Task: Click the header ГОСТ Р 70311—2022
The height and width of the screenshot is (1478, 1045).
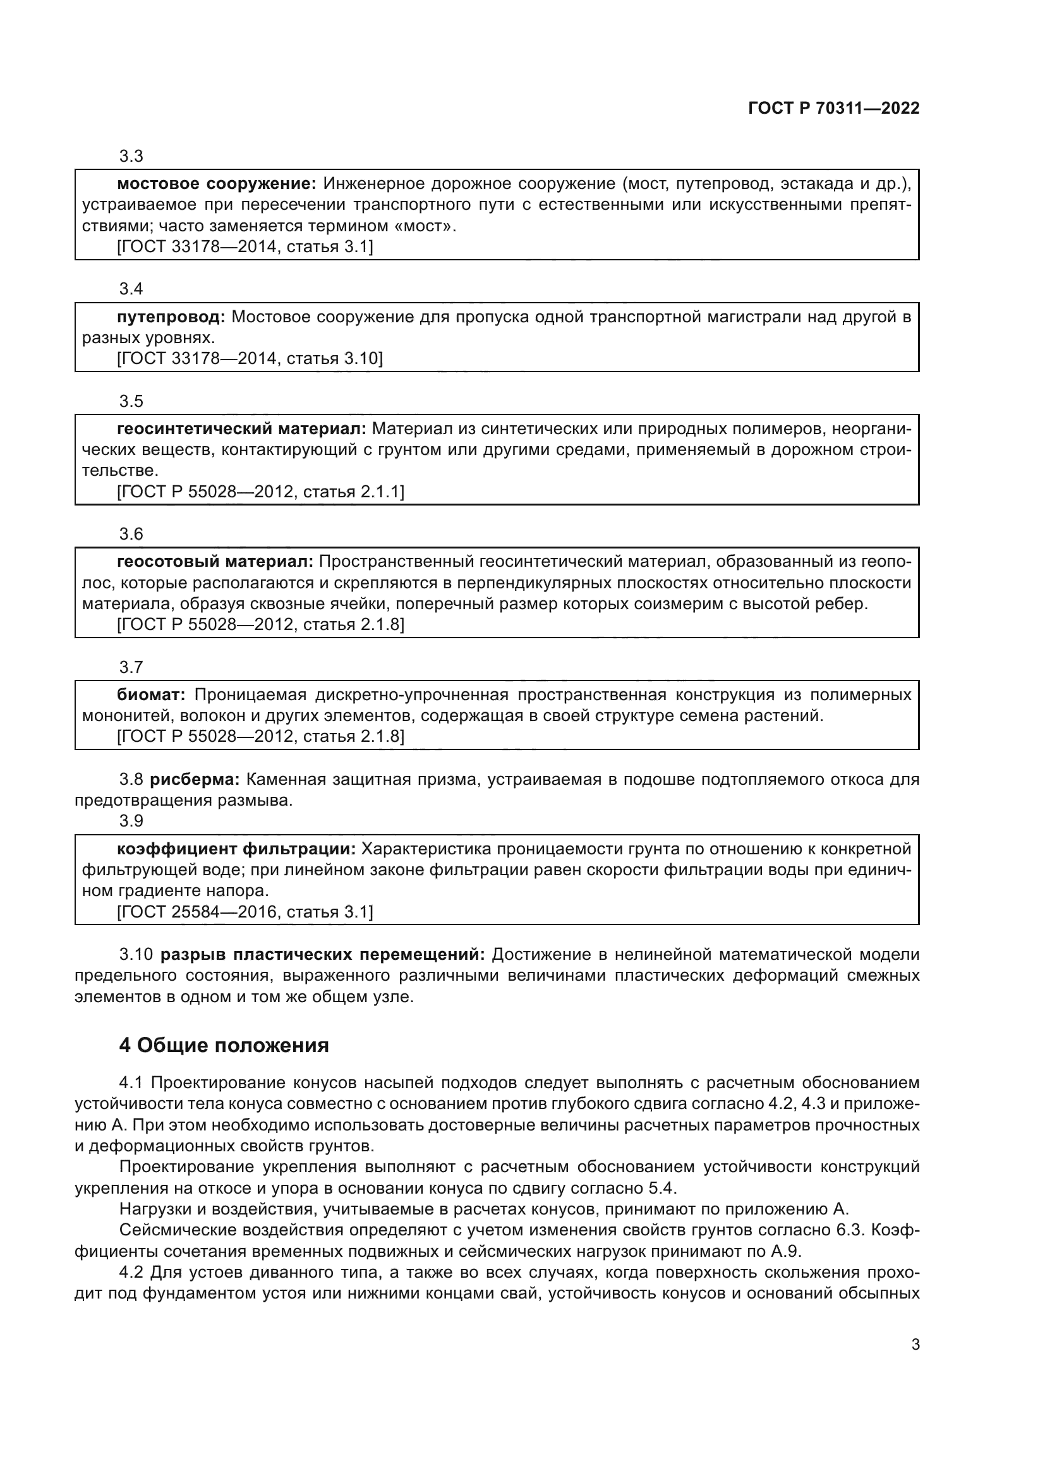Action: (x=833, y=108)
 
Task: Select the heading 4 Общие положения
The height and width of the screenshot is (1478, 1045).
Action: (x=223, y=1045)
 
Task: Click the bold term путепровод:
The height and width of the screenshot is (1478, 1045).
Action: (x=171, y=317)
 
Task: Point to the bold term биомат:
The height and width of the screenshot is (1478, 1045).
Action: (x=151, y=694)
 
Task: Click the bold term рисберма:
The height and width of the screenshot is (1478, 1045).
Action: (x=195, y=780)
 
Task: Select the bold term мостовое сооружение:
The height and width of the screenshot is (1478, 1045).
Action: (x=216, y=184)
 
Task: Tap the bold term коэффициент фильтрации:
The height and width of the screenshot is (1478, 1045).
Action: (x=236, y=849)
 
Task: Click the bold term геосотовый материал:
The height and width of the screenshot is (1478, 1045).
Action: (x=215, y=562)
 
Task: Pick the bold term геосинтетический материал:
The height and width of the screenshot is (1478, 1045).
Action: (x=241, y=428)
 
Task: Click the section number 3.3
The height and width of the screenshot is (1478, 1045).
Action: (x=131, y=157)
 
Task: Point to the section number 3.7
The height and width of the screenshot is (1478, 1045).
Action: (x=131, y=667)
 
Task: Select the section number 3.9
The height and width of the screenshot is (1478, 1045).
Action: (x=131, y=821)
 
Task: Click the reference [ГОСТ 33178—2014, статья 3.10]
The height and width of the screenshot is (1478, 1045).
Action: (x=249, y=358)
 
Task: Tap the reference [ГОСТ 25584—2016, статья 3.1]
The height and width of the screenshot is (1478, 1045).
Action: (x=245, y=912)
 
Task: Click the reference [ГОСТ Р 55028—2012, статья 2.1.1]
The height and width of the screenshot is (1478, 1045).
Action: (x=260, y=492)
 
